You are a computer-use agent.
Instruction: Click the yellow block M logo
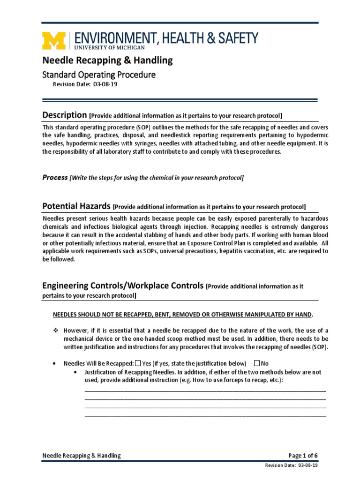point(55,40)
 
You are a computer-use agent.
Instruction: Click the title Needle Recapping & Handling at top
point(107,60)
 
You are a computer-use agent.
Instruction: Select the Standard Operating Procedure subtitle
point(99,75)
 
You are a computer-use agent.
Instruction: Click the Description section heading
point(64,115)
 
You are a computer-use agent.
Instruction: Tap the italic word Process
point(55,178)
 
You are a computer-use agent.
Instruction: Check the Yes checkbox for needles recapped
point(138,363)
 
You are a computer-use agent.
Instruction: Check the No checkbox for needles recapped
point(256,363)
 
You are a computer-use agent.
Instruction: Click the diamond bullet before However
point(54,331)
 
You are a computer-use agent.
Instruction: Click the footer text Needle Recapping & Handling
point(82,455)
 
